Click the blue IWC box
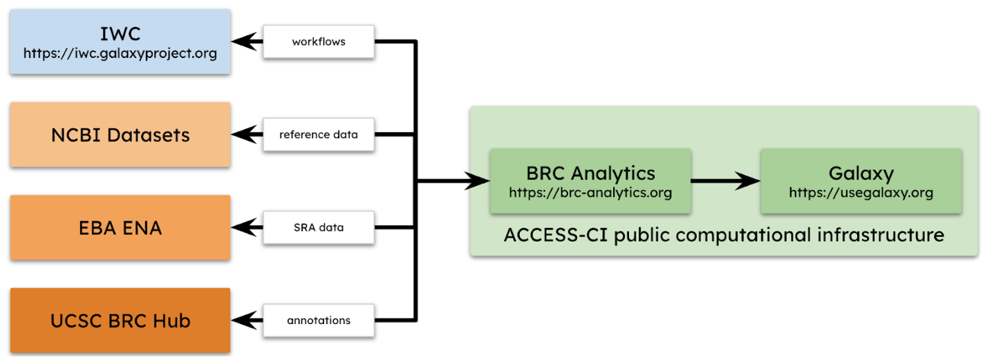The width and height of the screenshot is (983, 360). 120,41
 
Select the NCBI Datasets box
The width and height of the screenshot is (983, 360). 120,135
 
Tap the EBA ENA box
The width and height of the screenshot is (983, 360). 120,227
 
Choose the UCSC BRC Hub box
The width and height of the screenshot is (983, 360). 120,321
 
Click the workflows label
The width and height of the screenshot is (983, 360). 318,41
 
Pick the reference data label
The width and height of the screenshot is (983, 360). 318,135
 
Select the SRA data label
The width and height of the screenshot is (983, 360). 318,227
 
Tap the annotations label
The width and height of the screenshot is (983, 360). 318,321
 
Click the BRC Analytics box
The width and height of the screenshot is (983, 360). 590,181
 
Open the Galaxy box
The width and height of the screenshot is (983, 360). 861,181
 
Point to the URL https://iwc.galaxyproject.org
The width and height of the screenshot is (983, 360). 120,53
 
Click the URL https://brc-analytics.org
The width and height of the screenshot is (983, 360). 590,193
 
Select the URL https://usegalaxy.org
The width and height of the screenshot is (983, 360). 861,193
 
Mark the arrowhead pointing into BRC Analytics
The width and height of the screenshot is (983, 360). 477,181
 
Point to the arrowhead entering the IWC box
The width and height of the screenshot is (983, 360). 242,41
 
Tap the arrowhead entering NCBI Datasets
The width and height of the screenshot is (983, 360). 242,135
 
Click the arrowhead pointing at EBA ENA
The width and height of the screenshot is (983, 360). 242,227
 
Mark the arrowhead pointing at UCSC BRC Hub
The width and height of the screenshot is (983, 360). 242,321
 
